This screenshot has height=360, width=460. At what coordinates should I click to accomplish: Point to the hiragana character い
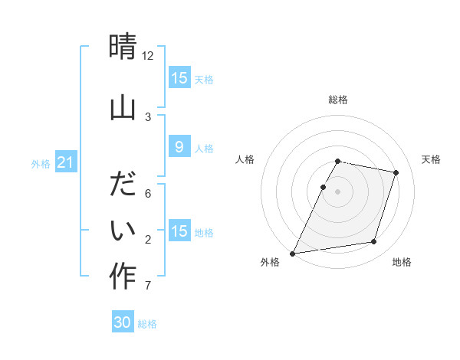click(123, 230)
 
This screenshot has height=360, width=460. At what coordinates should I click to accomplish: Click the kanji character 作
click(123, 277)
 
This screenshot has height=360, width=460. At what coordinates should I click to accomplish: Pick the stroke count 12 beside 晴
click(148, 56)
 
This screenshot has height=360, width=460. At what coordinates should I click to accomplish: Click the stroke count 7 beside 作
click(147, 286)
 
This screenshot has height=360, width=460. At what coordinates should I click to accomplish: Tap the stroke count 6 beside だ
click(147, 194)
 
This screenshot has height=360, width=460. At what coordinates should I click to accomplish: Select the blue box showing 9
click(179, 147)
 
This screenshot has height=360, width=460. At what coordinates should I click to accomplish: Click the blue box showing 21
click(66, 162)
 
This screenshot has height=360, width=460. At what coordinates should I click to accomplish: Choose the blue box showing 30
click(123, 322)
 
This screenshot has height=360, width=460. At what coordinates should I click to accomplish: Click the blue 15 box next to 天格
click(179, 78)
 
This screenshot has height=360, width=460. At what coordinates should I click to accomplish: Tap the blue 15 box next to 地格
click(179, 231)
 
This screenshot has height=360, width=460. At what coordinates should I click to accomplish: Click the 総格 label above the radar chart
click(338, 100)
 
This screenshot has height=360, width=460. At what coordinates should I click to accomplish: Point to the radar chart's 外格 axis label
click(270, 262)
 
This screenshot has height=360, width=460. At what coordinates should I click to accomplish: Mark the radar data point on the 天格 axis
click(396, 173)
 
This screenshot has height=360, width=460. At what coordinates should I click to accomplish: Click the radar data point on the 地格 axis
click(374, 242)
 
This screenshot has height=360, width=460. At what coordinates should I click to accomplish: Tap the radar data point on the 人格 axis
click(323, 187)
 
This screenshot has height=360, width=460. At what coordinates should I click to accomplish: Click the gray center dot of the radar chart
click(338, 191)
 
